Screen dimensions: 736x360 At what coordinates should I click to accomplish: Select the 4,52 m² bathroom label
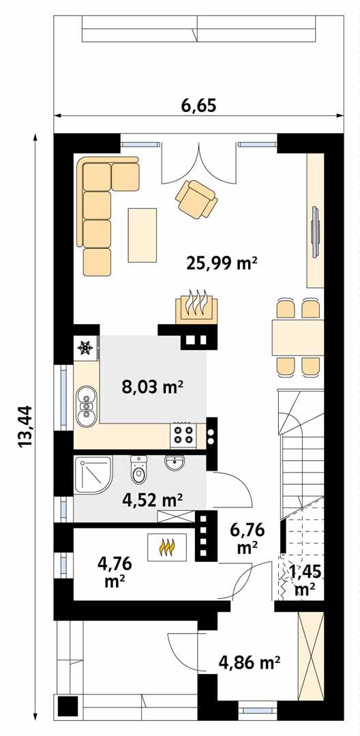[x=152, y=500]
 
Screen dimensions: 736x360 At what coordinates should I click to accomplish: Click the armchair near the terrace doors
[x=196, y=198]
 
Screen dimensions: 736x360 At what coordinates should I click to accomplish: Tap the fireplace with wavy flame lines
[x=196, y=306]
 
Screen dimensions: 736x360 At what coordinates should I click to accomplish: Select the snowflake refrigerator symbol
[x=85, y=349]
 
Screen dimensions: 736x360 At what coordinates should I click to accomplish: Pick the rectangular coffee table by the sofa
[x=142, y=235]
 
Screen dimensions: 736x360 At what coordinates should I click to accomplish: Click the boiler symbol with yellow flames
[x=167, y=546]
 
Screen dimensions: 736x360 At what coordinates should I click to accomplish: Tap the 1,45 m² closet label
[x=303, y=578]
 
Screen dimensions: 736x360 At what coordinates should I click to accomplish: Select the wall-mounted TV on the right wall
[x=314, y=231]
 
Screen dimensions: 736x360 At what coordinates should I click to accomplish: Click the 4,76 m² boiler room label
[x=114, y=572]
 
